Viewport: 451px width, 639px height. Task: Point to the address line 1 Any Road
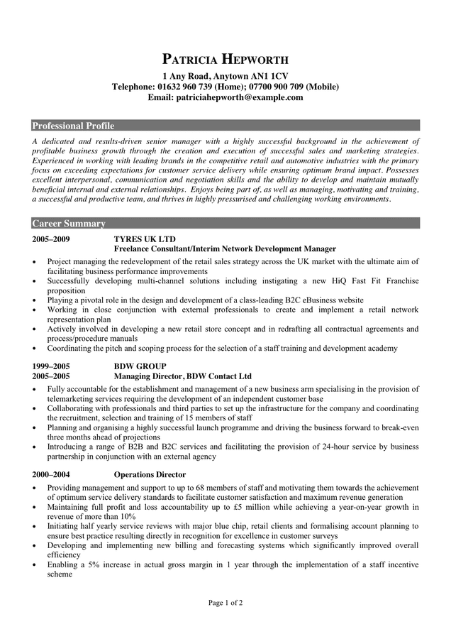pos(190,76)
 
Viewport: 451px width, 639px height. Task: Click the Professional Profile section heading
pos(73,126)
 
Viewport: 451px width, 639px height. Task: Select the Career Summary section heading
pos(69,224)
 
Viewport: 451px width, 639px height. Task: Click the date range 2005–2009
pos(50,239)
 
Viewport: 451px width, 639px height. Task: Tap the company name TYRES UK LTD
pos(145,239)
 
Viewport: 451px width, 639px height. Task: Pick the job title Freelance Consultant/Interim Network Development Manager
pos(225,249)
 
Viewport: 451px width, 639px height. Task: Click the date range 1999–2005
pos(50,366)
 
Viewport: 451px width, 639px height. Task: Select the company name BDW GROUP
pos(140,366)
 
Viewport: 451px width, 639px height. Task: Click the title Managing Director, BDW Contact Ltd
pos(183,376)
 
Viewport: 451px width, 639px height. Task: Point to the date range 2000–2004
pos(50,474)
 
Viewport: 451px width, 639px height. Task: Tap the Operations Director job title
pos(150,474)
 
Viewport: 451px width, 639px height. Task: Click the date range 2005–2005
pos(50,376)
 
